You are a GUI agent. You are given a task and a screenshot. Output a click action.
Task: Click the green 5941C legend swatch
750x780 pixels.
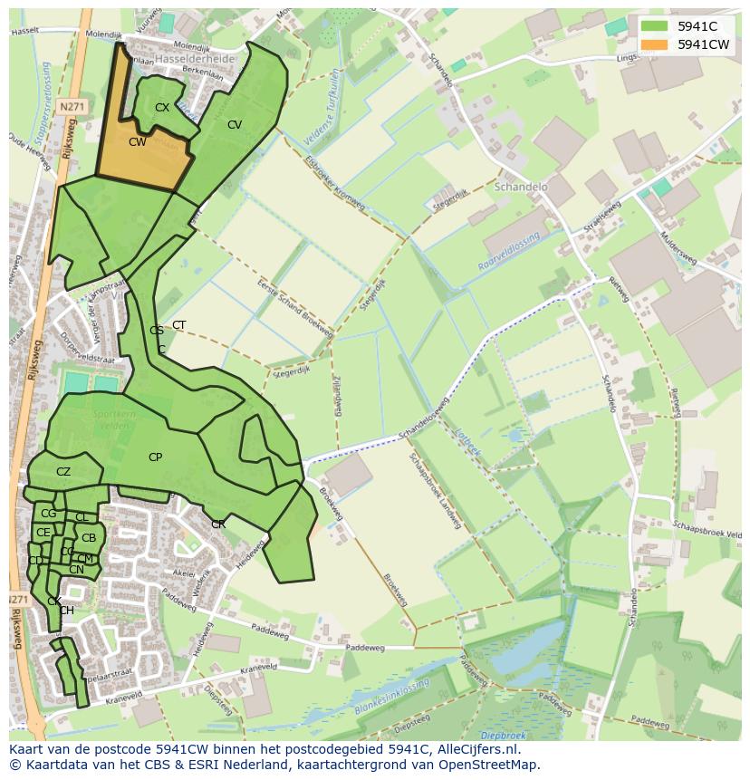click(654, 26)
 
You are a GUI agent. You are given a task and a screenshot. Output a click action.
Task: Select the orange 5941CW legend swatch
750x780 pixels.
click(654, 44)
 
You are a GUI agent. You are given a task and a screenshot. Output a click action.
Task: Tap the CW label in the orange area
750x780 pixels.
click(138, 142)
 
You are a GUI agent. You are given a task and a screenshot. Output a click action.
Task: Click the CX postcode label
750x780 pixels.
click(162, 108)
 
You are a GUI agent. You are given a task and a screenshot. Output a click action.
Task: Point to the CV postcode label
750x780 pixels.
click(235, 125)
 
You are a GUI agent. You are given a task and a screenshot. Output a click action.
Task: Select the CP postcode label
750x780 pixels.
click(155, 457)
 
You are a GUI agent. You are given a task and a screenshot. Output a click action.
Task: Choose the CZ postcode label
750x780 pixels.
click(63, 472)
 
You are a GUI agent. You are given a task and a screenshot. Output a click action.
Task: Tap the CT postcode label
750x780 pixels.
click(179, 325)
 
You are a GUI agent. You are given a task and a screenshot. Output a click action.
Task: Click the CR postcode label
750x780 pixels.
click(218, 525)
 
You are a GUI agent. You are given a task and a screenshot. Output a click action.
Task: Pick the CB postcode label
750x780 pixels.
click(89, 538)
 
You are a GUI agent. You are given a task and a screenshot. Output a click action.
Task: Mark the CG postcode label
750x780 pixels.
click(49, 514)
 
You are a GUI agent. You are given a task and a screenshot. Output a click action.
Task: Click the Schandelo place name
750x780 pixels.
click(521, 187)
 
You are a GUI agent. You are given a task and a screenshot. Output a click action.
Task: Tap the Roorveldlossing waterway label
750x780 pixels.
click(508, 250)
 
